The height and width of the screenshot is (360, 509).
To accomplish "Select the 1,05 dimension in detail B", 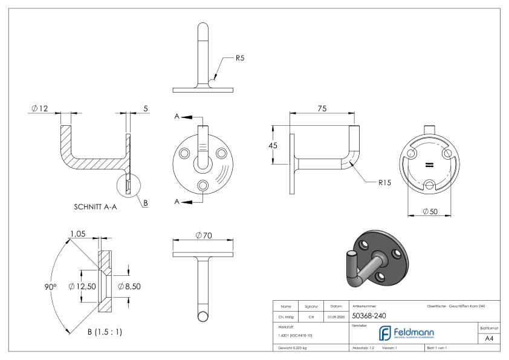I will [77, 233].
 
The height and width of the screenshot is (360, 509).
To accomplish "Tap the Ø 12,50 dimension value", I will [82, 286].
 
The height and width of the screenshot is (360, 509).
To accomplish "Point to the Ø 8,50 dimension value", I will [129, 286].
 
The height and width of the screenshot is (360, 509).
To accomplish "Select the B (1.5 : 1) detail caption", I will [96, 332].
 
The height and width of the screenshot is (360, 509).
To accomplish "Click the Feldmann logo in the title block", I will [412, 332].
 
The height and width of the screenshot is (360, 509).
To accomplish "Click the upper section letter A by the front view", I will [177, 117].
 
